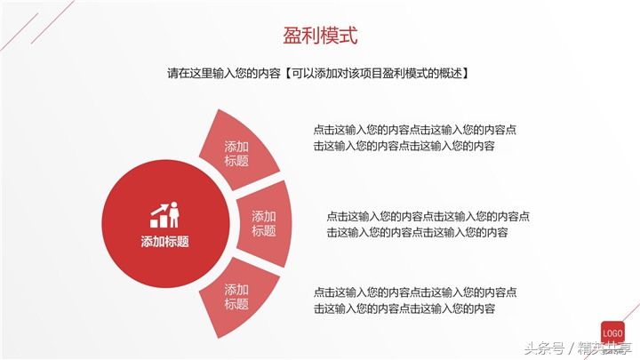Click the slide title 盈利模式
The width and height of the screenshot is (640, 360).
click(x=320, y=36)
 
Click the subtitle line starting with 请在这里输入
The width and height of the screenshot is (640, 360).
click(x=317, y=74)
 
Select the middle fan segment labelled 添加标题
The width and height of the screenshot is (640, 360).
click(x=264, y=223)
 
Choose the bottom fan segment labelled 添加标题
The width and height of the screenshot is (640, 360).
click(x=237, y=297)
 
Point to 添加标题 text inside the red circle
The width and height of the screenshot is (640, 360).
click(x=164, y=241)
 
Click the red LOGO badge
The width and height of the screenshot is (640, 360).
click(x=612, y=330)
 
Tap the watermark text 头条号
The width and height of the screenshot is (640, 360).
click(x=544, y=348)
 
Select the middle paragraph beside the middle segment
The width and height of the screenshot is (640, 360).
click(x=428, y=223)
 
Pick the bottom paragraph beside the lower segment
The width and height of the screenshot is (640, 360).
click(x=415, y=300)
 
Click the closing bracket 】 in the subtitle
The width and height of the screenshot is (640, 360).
click(x=465, y=74)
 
